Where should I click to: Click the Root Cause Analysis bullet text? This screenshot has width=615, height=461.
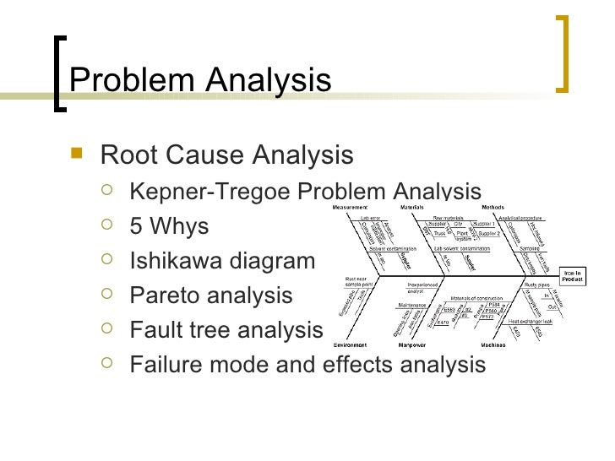point(226,155)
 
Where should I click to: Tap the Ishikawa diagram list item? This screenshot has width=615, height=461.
point(221,261)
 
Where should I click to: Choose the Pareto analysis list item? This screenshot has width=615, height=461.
point(211,296)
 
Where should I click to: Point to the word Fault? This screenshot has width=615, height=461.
point(155,330)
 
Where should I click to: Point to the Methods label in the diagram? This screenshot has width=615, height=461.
point(493,207)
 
